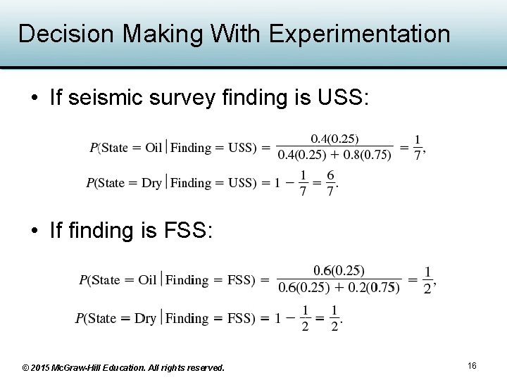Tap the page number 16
pyautogui.click(x=472, y=365)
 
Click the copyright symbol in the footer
pyautogui.click(x=26, y=367)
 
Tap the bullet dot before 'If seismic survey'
pyautogui.click(x=35, y=98)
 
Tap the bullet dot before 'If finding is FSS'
pyautogui.click(x=35, y=230)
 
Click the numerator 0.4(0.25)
pyautogui.click(x=334, y=139)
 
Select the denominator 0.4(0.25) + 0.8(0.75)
pyautogui.click(x=334, y=156)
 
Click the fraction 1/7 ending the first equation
pyautogui.click(x=418, y=148)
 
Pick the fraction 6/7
pyautogui.click(x=330, y=183)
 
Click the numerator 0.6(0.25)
pyautogui.click(x=339, y=270)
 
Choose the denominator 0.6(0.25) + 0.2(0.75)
pyautogui.click(x=339, y=287)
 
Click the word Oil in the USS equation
pyautogui.click(x=154, y=148)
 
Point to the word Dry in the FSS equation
pyautogui.click(x=146, y=318)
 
